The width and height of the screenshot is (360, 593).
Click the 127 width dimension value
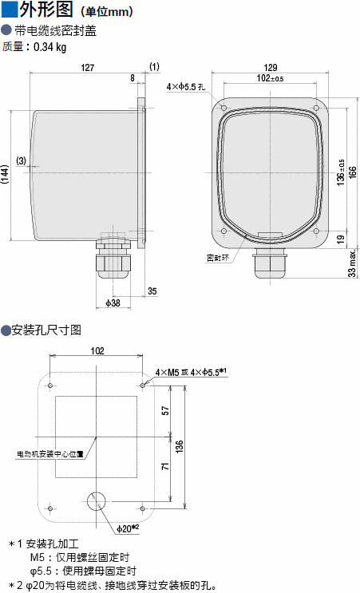tap(87, 68)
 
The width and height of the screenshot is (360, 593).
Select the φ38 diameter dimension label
tap(113, 303)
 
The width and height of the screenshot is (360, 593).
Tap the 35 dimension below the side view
tap(152, 291)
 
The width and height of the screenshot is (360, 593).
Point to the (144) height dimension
tap(5, 174)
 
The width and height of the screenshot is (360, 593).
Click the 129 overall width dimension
tap(271, 67)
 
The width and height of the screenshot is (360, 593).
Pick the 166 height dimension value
tap(353, 173)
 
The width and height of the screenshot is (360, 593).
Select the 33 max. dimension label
tap(352, 263)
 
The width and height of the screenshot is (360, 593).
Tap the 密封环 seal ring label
tap(217, 259)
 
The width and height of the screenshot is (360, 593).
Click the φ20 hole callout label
tap(129, 528)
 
